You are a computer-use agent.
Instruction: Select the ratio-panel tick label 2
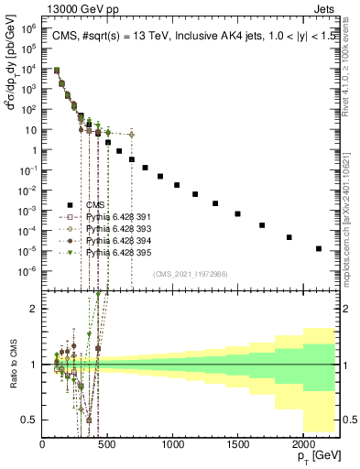click(x=34, y=309)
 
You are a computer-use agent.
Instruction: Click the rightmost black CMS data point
click(x=319, y=248)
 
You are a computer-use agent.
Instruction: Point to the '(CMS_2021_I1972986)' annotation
click(x=191, y=274)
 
